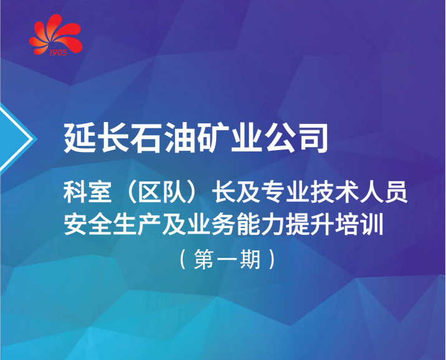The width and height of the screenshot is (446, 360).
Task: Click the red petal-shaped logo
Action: pyautogui.click(x=56, y=34)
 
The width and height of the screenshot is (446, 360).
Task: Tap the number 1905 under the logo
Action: pyautogui.click(x=58, y=52)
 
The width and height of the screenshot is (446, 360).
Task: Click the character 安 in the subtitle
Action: pyautogui.click(x=75, y=224)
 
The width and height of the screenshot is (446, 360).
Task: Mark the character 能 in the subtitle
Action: pyautogui.click(x=247, y=224)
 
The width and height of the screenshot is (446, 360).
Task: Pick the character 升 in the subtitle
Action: pyautogui.click(x=322, y=224)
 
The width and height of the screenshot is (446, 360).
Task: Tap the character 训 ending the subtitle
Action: pyautogui.click(x=371, y=224)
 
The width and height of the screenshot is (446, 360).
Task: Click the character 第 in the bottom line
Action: pyautogui.click(x=204, y=259)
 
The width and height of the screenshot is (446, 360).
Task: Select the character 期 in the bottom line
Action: pyautogui.click(x=250, y=259)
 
